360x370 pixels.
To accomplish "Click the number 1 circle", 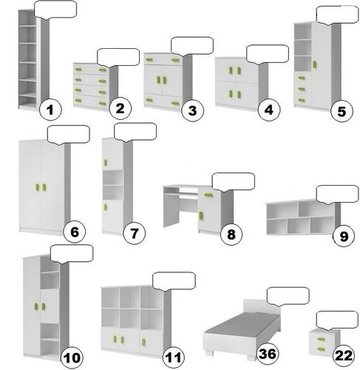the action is (50, 110).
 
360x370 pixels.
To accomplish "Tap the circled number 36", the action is (268, 354).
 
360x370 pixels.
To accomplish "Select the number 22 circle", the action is (344, 355).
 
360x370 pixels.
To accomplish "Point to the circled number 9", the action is (344, 236).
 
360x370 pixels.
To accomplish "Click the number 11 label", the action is (174, 357).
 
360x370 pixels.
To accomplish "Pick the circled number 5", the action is (342, 111).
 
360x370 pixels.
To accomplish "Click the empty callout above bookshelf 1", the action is (55, 10).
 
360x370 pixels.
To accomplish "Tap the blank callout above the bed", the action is (288, 297).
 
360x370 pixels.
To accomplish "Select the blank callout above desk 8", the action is (233, 182).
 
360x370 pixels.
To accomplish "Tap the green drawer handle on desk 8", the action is (208, 195).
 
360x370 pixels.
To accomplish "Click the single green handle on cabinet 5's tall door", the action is (315, 64).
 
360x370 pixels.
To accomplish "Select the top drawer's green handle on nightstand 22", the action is (321, 340).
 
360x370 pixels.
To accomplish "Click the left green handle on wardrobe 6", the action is (38, 187).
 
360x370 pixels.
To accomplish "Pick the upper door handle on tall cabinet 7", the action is (106, 163).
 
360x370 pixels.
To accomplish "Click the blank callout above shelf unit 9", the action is (337, 195).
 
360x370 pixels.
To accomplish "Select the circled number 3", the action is (193, 110).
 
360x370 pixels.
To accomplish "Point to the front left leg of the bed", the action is (209, 352).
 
